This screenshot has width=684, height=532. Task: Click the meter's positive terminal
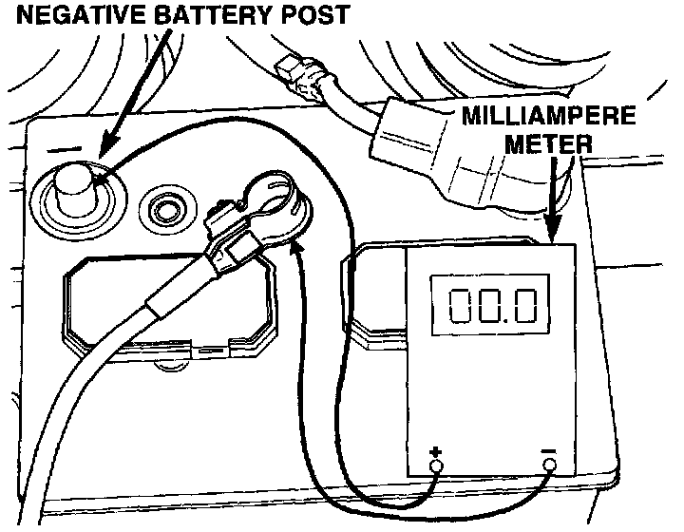point(436,465)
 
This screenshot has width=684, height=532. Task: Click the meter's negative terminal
point(549,465)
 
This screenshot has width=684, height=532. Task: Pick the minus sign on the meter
point(549,449)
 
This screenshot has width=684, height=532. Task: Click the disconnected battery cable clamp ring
point(275,195)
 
